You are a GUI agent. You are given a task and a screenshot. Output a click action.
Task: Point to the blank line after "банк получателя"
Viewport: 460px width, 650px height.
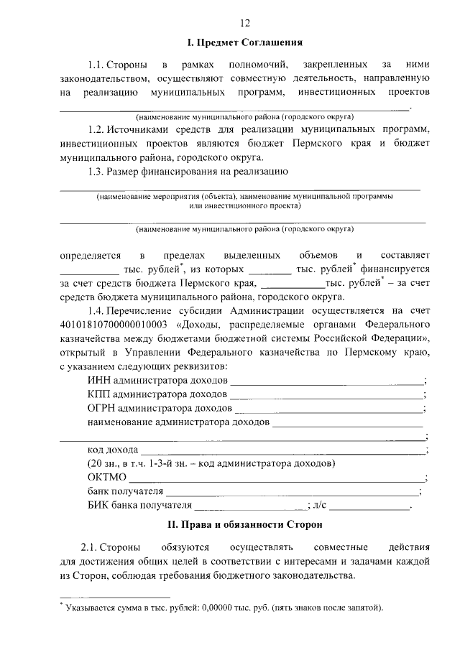pos(291,492)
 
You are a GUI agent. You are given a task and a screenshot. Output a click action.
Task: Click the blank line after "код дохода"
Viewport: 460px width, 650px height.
pos(283,450)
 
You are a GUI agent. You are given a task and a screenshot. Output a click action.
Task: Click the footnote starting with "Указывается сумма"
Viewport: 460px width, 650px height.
pos(223,608)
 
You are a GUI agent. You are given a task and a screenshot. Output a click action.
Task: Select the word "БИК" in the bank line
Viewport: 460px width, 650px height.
pos(98,506)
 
